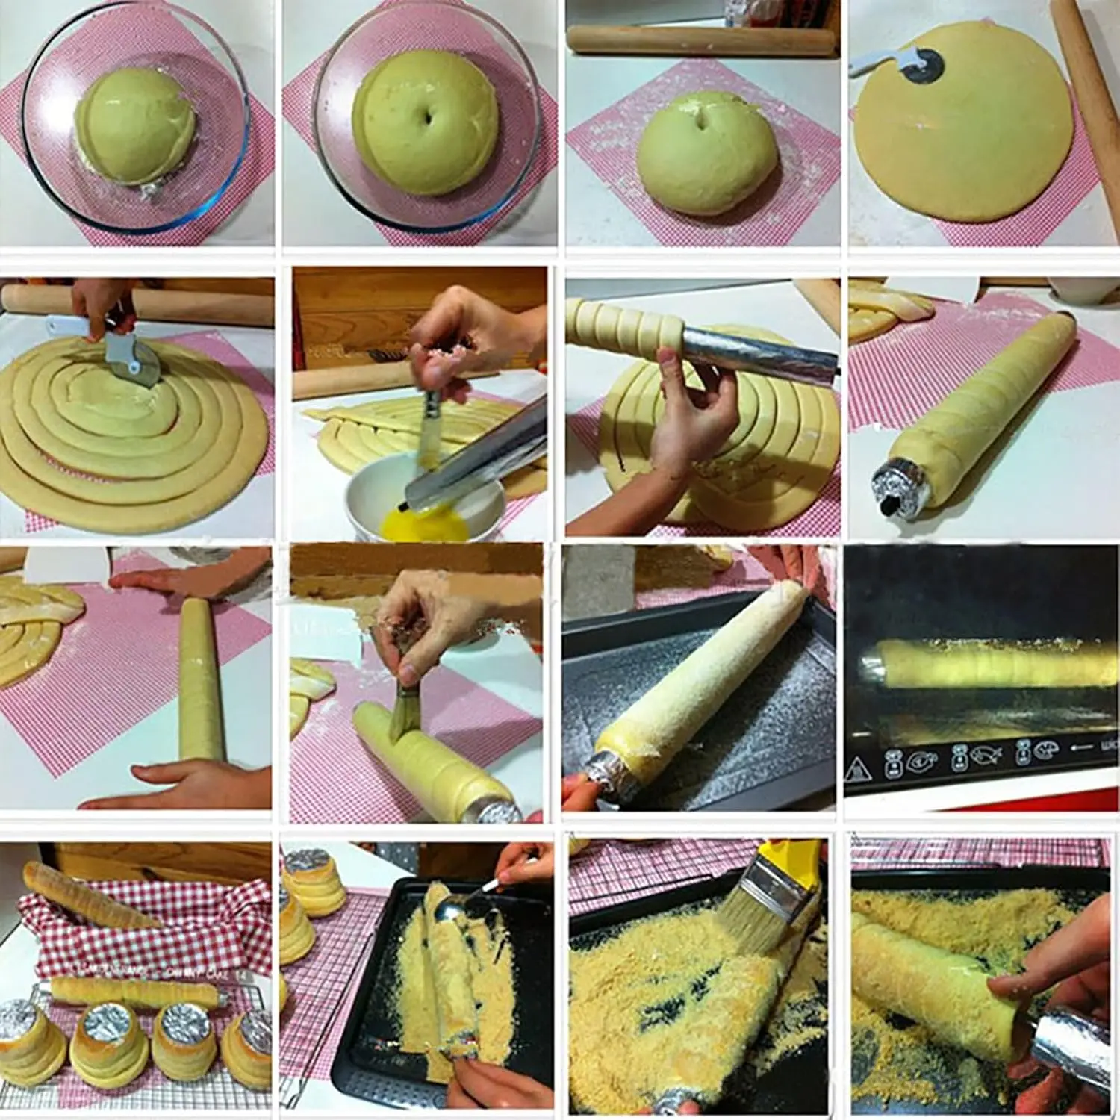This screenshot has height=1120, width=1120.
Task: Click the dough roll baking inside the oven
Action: click(x=993, y=663)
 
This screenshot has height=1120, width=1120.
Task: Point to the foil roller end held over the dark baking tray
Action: click(x=609, y=770)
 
